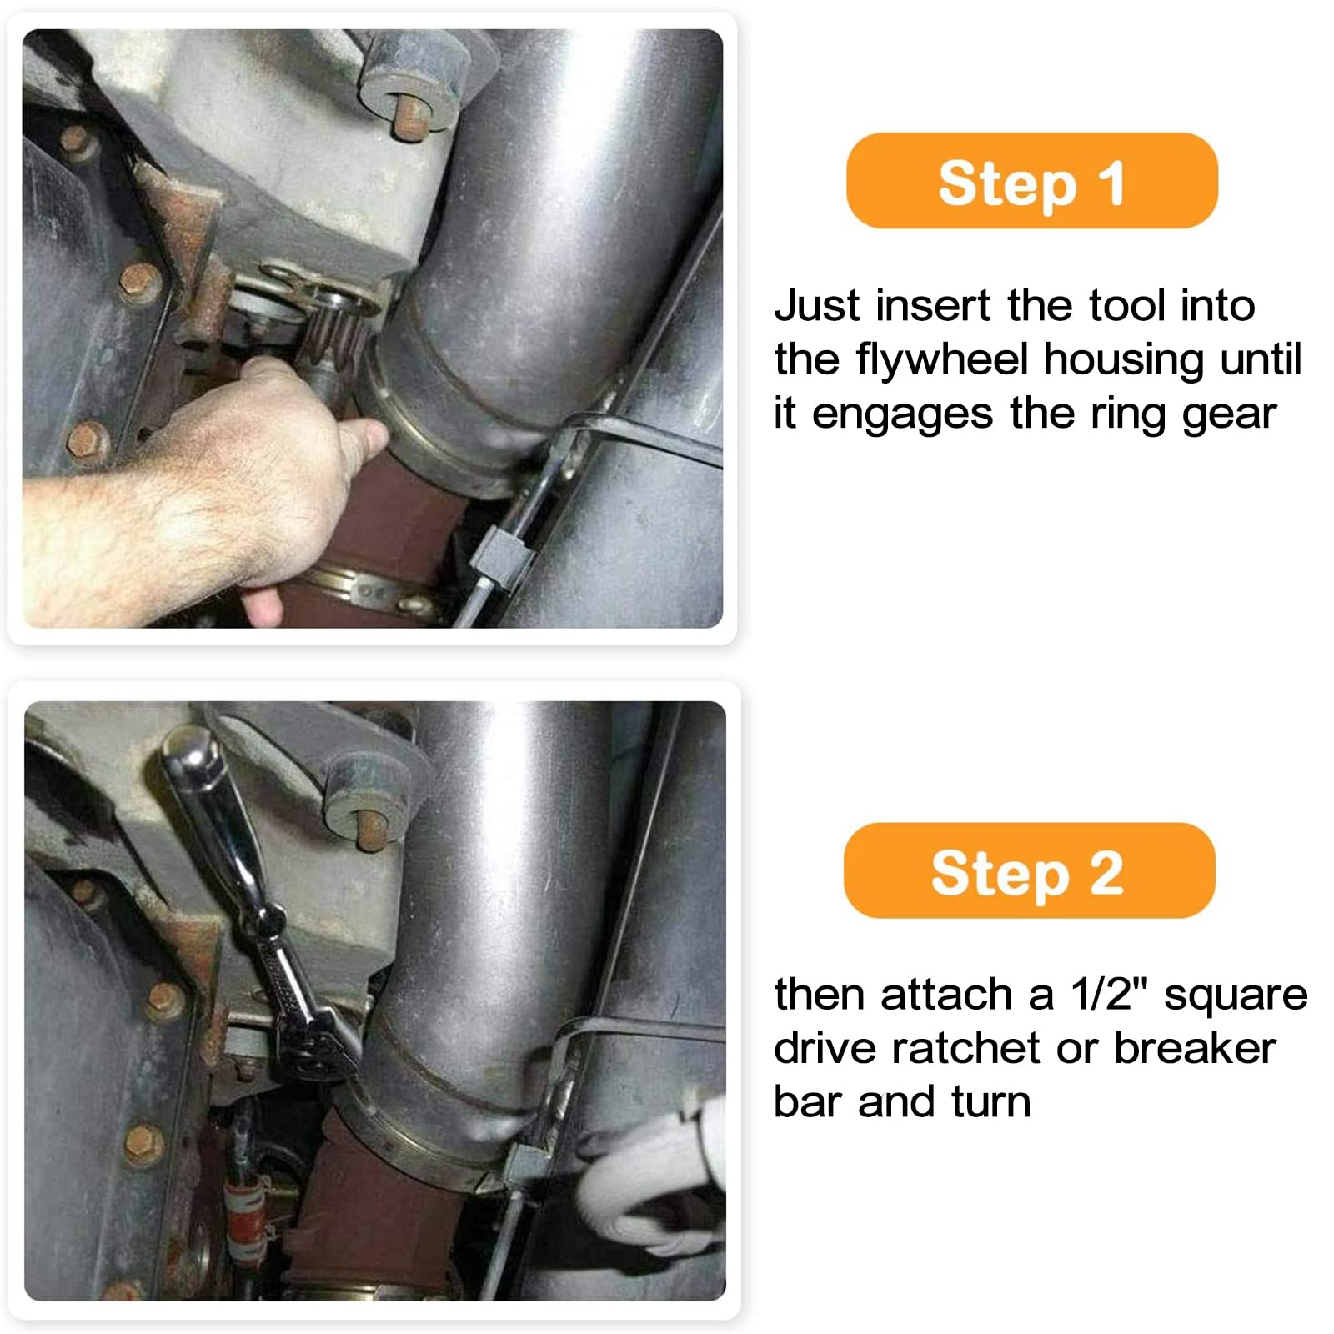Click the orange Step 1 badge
click(1031, 181)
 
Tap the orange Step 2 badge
click(1029, 870)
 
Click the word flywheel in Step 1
click(942, 360)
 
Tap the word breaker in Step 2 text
click(1194, 1048)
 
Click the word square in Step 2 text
click(1236, 995)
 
